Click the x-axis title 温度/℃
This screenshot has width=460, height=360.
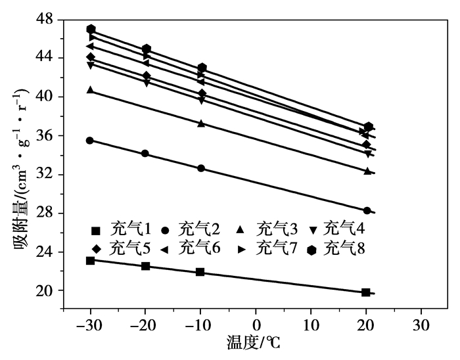[256, 344]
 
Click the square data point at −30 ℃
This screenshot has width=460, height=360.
[91, 261]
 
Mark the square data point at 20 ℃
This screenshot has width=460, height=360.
[366, 292]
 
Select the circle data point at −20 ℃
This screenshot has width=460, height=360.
[145, 154]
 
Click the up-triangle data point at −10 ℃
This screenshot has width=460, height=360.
[201, 124]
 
